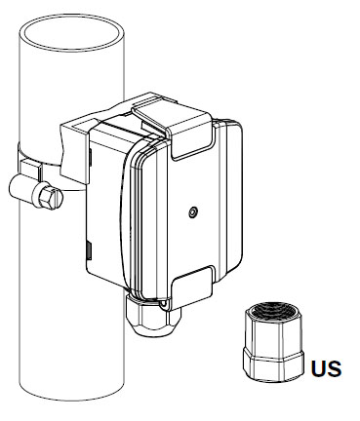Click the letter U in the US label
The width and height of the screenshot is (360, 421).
(319, 368)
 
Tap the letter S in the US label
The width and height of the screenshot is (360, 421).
(335, 368)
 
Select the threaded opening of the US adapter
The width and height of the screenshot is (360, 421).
(274, 310)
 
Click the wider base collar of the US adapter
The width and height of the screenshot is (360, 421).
(273, 364)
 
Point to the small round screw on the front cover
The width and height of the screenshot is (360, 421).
(193, 212)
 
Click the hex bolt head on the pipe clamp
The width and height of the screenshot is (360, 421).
(50, 198)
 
